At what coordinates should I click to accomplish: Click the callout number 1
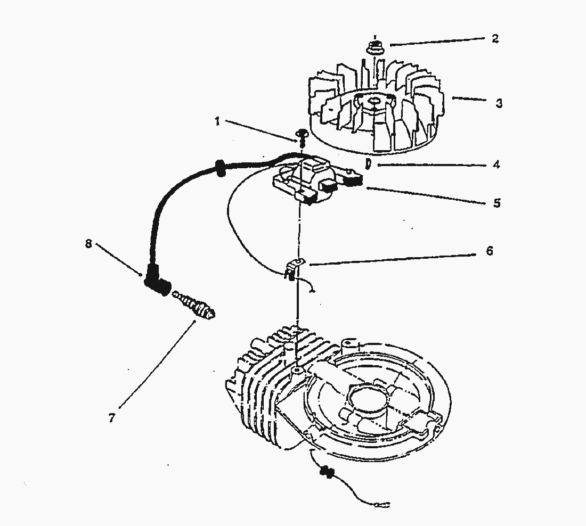(217, 121)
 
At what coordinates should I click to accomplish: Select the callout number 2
(495, 38)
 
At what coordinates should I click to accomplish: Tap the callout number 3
(499, 103)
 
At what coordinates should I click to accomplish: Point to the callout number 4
(496, 165)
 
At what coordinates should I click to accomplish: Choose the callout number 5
(497, 203)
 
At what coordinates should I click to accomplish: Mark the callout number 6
(490, 250)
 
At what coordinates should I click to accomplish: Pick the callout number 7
(111, 417)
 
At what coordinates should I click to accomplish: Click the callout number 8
(88, 244)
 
